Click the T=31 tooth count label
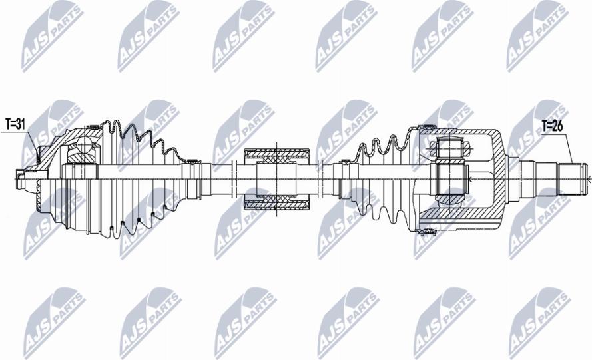point(15,123)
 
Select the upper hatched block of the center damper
point(277,153)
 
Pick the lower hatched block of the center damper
point(277,205)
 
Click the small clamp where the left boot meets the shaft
point(192,162)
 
